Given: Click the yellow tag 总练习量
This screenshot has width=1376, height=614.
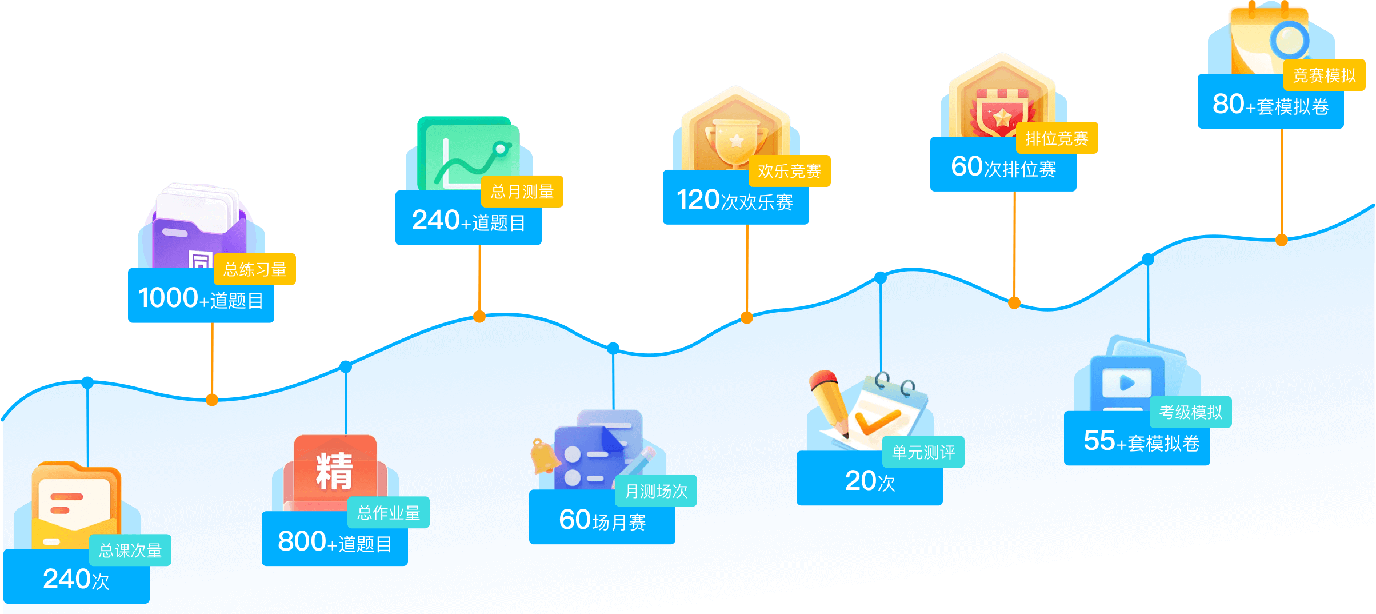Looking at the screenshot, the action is tap(255, 269).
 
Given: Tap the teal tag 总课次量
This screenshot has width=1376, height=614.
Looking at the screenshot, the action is tap(130, 550).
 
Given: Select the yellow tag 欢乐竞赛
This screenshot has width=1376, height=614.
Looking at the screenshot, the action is tap(789, 170).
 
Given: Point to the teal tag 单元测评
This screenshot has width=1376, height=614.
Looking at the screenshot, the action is tap(923, 452).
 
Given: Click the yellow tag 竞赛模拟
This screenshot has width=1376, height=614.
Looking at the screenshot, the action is tap(1325, 75).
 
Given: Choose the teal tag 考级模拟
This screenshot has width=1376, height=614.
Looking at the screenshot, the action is tap(1191, 412).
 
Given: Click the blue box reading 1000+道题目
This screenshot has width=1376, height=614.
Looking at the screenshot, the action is tap(201, 296).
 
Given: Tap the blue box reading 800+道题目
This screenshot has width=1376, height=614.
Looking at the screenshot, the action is tap(335, 540).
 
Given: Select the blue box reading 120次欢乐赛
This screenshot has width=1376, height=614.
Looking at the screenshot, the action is tap(736, 198).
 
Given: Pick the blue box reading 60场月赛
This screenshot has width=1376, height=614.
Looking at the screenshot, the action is tap(602, 518).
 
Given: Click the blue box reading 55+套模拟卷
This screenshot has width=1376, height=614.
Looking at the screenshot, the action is tap(1137, 439).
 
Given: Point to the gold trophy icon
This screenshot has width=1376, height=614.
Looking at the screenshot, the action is tap(736, 143).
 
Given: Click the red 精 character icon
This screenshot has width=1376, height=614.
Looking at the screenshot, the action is tap(335, 471).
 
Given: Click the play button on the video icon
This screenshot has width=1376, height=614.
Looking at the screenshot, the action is tap(1127, 382).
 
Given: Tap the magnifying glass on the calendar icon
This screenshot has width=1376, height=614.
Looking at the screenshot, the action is tap(1290, 40).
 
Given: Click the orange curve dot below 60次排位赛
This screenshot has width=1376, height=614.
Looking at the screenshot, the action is tap(1014, 303).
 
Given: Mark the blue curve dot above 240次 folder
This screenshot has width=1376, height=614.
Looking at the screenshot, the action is tap(87, 382).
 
